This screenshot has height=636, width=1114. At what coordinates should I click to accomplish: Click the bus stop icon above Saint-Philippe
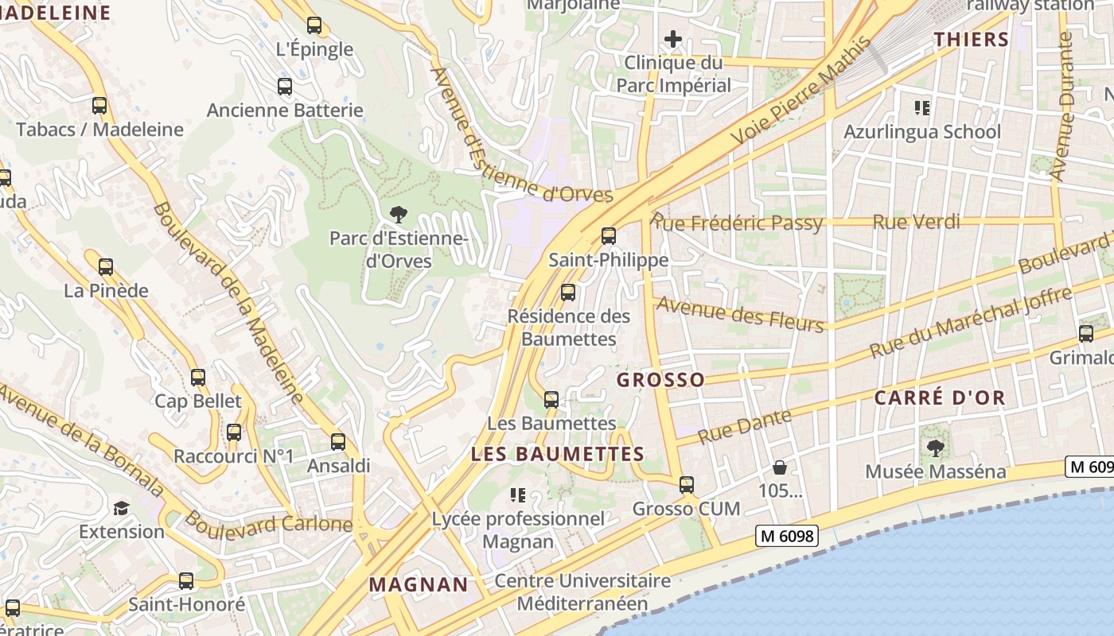click(x=609, y=235)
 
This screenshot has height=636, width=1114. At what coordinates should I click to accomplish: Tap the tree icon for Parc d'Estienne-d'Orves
click(x=398, y=213)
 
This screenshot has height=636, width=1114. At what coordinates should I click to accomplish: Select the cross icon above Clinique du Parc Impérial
click(x=673, y=38)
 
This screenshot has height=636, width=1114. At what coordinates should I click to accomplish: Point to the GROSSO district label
click(x=660, y=380)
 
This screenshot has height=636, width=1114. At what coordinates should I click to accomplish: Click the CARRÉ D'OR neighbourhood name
click(x=940, y=397)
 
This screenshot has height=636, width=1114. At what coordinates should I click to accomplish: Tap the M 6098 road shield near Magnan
click(x=786, y=537)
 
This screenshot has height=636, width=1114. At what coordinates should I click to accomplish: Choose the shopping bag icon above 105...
click(x=780, y=467)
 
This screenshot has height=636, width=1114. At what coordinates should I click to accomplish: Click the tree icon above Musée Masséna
click(x=936, y=448)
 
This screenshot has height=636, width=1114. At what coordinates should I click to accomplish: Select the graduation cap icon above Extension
click(x=121, y=508)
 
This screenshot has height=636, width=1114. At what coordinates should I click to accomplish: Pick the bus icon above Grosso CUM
click(x=687, y=484)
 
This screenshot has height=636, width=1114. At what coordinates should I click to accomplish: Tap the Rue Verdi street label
click(x=916, y=222)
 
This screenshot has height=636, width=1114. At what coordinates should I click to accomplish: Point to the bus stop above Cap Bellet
click(x=198, y=378)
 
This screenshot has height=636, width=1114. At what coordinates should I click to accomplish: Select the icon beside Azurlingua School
click(x=922, y=107)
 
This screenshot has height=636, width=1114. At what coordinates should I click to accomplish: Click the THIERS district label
click(x=971, y=39)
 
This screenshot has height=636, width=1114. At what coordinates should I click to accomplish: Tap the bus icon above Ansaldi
click(x=338, y=442)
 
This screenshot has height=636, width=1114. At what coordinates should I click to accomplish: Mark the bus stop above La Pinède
click(x=106, y=267)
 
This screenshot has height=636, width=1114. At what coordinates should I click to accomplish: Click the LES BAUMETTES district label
click(x=557, y=455)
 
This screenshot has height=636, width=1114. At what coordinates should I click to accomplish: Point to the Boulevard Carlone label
click(x=268, y=524)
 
